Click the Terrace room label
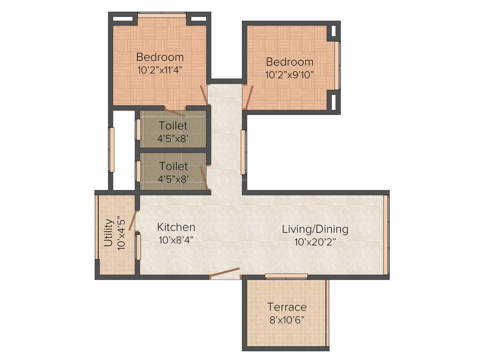pyautogui.click(x=287, y=307)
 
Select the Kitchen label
pyautogui.click(x=176, y=227)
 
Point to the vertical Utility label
pyautogui.click(x=108, y=233)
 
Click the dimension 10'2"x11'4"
pyautogui.click(x=160, y=70)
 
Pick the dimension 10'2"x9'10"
pyautogui.click(x=290, y=75)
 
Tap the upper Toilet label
pyautogui.click(x=173, y=125)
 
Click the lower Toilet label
pyautogui.click(x=173, y=166)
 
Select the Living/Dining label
pyautogui.click(x=315, y=229)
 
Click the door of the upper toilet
pyautogui.click(x=175, y=112)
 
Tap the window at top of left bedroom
pyautogui.click(x=162, y=15)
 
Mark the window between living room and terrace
pyautogui.click(x=286, y=276)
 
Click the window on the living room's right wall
pyautogui.click(x=386, y=235)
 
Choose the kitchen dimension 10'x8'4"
pyautogui.click(x=176, y=240)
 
